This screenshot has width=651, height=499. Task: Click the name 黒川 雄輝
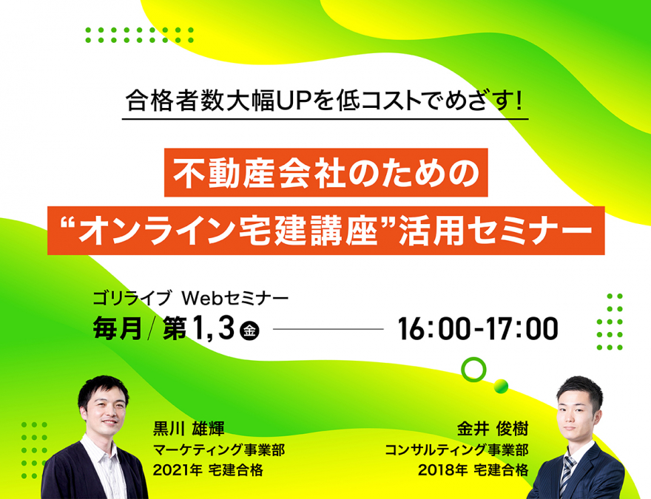189,429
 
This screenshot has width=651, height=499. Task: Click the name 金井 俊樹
493,429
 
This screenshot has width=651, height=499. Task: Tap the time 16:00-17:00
478,328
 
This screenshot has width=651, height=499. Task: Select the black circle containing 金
249,330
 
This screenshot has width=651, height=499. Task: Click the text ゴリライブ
132,298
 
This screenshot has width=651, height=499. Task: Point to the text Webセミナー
235,298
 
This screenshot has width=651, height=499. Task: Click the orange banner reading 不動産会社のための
326,172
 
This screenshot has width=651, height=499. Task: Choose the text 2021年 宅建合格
208,470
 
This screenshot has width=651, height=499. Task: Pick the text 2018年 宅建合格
473,470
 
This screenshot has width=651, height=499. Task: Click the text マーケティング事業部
219,449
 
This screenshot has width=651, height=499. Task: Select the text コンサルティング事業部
456,449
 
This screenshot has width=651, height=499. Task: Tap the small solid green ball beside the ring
501,386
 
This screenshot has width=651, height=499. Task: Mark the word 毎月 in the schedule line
118,328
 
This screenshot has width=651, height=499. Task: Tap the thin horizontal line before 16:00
328,330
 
